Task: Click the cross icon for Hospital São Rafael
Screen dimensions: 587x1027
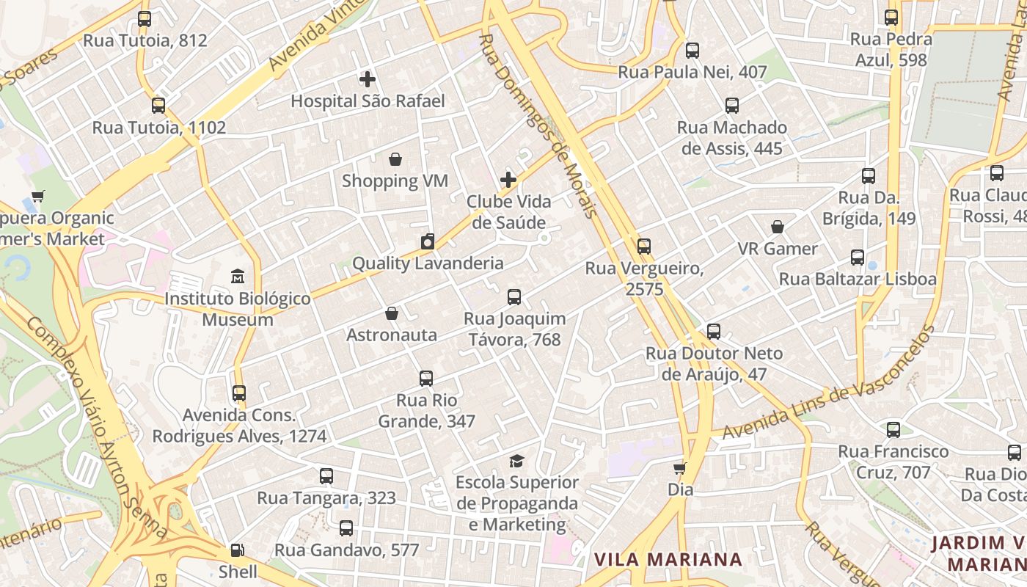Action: click(368, 79)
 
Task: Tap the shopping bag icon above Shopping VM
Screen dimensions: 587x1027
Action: click(395, 159)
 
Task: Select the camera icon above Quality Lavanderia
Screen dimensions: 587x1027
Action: click(428, 241)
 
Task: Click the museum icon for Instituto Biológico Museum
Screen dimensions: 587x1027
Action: click(238, 277)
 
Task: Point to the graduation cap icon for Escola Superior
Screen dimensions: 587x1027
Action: click(517, 461)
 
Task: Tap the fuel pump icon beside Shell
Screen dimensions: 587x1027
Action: click(238, 550)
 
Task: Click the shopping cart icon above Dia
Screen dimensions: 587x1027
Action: click(680, 467)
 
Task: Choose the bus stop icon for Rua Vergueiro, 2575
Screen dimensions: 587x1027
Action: click(644, 247)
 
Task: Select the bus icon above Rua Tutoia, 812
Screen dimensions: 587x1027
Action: click(145, 19)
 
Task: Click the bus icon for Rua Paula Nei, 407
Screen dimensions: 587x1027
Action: click(692, 51)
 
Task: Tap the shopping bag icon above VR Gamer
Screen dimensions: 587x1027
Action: click(778, 227)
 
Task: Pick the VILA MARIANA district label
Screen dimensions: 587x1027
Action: click(668, 560)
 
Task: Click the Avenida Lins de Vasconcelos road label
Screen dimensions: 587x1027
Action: click(829, 383)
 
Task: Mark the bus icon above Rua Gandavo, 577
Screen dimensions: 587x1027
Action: click(346, 528)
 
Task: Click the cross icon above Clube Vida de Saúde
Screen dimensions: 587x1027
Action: click(508, 180)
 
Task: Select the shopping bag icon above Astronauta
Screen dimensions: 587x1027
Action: click(392, 313)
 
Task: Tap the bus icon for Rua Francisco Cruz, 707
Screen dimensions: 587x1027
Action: click(893, 429)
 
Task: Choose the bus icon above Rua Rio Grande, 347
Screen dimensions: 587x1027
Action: click(426, 379)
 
